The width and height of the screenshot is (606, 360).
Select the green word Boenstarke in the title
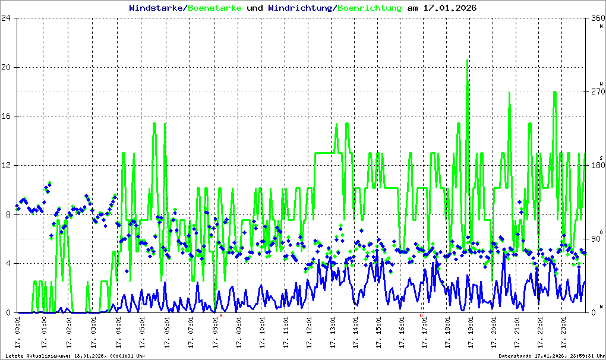click(214, 8)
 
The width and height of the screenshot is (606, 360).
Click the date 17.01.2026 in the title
click(450, 8)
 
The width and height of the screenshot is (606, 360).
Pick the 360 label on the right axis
click(595, 18)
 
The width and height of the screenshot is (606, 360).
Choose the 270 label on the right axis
click(595, 92)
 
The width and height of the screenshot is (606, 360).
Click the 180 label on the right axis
click(595, 166)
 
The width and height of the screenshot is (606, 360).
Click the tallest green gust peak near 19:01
click(468, 61)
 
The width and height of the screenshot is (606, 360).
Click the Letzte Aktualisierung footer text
click(75, 356)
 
